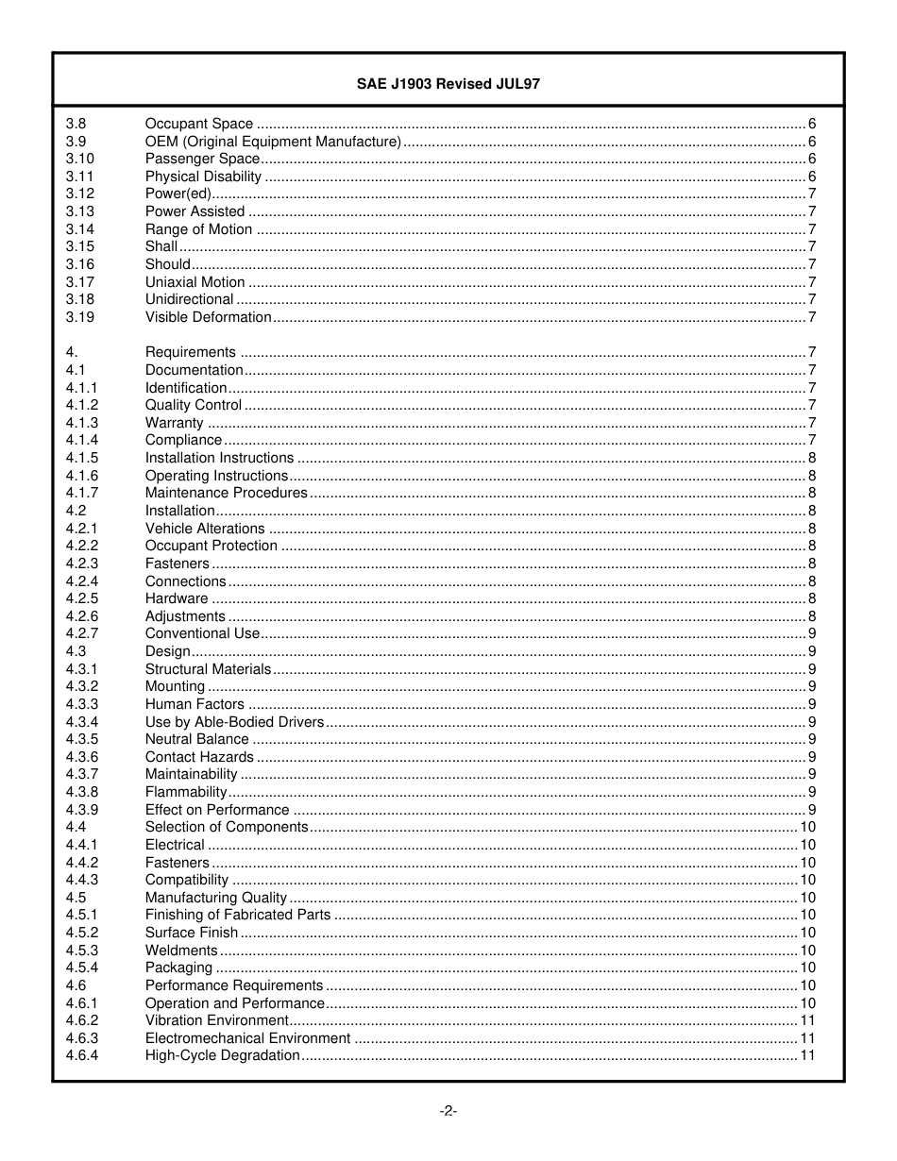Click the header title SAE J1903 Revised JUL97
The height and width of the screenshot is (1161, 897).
(448, 83)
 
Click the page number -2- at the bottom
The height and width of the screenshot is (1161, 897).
(448, 1111)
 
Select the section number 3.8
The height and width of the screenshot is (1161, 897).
(76, 124)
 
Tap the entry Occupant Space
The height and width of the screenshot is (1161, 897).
(199, 124)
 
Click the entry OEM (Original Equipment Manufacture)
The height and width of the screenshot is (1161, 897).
(273, 142)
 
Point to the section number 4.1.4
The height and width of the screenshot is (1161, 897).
(82, 440)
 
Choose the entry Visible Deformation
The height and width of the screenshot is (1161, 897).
(208, 317)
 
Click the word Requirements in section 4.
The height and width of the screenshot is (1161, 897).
(191, 352)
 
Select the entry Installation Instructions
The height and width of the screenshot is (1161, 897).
(219, 458)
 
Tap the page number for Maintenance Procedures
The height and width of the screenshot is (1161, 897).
(812, 493)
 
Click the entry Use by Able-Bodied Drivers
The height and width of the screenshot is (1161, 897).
(234, 722)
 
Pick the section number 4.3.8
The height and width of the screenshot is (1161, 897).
(82, 792)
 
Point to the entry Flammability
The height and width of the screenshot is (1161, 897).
(186, 792)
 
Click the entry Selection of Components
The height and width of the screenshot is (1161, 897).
(227, 827)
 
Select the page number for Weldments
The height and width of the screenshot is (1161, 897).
(807, 951)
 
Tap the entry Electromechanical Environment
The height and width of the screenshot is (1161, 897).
(247, 1038)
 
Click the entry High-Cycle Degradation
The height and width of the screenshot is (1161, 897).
(222, 1055)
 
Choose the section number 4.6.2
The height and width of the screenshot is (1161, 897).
(82, 1020)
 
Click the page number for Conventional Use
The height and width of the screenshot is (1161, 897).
(812, 633)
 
